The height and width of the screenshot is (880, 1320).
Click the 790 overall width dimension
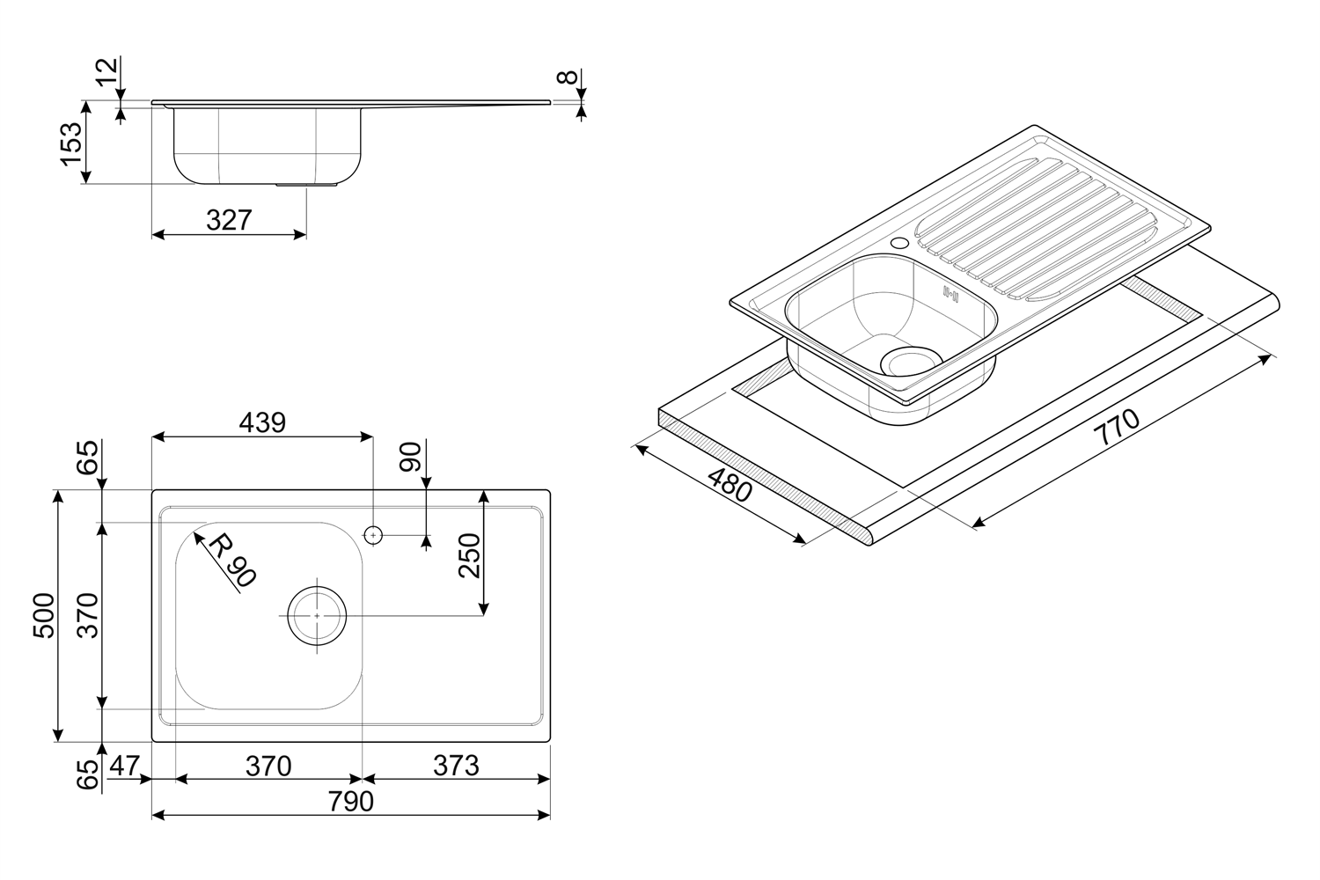click(x=351, y=802)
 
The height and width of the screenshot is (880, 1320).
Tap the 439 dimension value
click(x=263, y=422)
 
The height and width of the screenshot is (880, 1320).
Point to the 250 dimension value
click(x=469, y=554)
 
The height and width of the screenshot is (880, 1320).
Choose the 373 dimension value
click(x=456, y=766)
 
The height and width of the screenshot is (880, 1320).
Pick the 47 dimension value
click(x=124, y=766)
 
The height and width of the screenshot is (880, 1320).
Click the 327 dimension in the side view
click(x=229, y=220)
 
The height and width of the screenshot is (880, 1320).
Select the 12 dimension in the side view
click(x=106, y=72)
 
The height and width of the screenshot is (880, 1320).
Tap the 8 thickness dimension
click(x=569, y=77)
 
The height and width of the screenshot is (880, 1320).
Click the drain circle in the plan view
click(x=317, y=615)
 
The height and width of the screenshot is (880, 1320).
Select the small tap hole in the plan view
click(x=373, y=534)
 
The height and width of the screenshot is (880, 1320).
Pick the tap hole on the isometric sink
click(x=899, y=242)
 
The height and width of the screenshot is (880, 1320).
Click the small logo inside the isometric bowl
click(x=949, y=294)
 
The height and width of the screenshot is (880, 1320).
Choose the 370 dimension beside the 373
click(x=268, y=766)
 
